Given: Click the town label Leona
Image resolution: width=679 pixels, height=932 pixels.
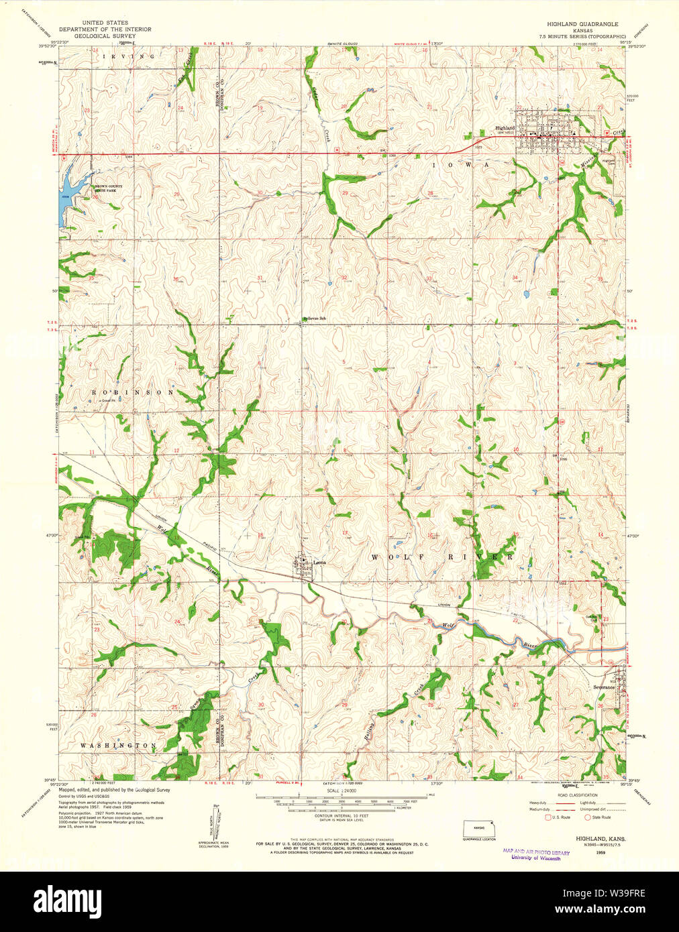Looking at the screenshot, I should click(x=319, y=563).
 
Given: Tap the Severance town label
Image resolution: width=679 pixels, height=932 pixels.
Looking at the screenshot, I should click(x=603, y=687).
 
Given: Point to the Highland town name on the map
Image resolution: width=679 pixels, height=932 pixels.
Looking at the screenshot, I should click(x=505, y=128).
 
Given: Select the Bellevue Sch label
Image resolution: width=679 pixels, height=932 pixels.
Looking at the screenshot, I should click(x=313, y=318).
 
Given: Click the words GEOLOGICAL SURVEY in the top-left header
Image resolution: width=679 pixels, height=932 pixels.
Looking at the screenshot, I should click(x=105, y=36).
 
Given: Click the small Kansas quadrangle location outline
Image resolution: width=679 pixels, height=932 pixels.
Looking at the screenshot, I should click(x=480, y=829).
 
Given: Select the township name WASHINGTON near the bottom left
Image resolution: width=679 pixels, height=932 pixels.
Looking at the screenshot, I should click(x=118, y=746).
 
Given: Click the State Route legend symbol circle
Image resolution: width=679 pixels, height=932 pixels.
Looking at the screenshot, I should click(x=587, y=817).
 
